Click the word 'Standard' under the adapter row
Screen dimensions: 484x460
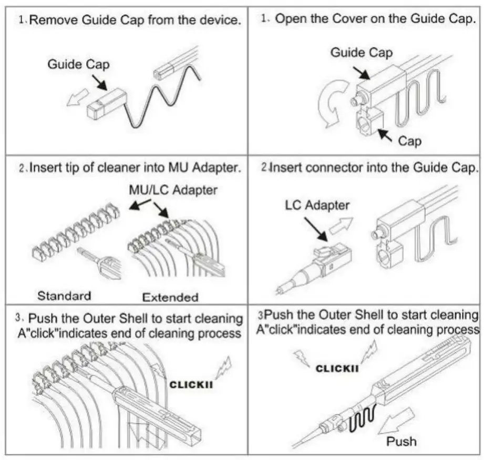(x=64, y=296)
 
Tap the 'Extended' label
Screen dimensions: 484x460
(x=170, y=297)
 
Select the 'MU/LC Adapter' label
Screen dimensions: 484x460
(x=173, y=190)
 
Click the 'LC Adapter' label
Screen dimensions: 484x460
(x=317, y=205)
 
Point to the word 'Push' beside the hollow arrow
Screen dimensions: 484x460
(x=401, y=441)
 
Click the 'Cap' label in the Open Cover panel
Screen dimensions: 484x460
(x=409, y=141)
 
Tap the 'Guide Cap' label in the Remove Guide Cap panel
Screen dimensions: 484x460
(x=78, y=65)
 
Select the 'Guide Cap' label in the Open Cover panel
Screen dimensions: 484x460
(x=362, y=52)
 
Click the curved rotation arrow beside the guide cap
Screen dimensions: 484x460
(x=327, y=103)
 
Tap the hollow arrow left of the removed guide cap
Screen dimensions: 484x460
(x=77, y=97)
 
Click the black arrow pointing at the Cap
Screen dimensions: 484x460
(x=385, y=135)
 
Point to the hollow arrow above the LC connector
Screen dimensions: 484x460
(x=341, y=226)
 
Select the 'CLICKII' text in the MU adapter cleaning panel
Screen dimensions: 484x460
(x=191, y=385)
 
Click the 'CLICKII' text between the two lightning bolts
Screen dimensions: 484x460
(x=337, y=369)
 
